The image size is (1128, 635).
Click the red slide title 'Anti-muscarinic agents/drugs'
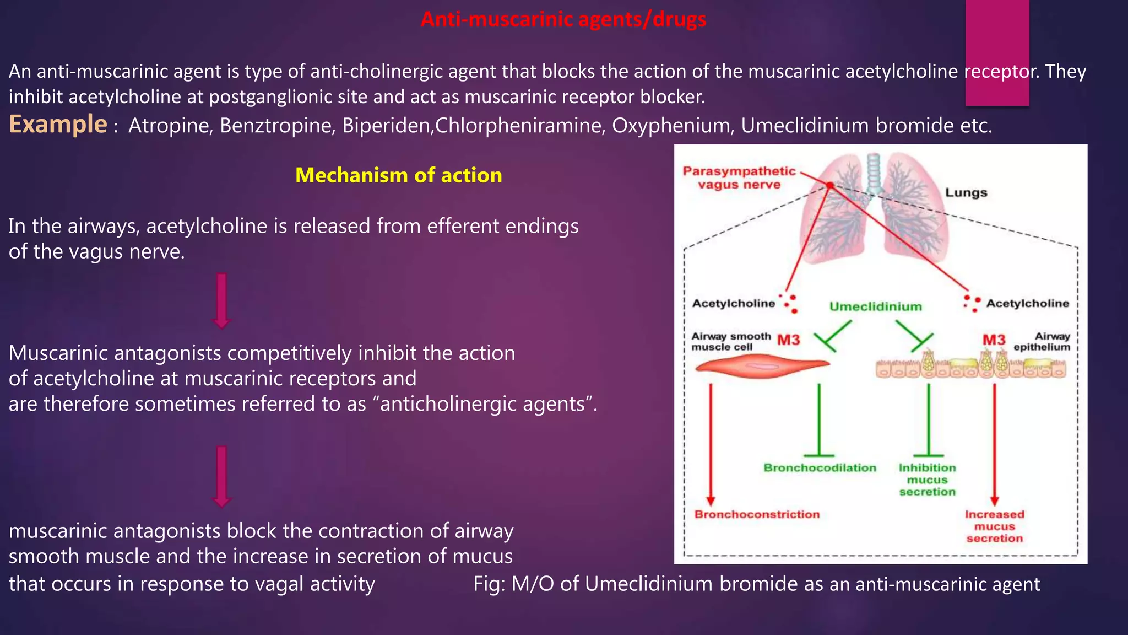563,20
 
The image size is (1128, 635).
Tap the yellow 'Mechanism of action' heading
398,175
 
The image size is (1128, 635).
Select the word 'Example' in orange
58,125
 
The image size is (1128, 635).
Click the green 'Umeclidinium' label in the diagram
875,306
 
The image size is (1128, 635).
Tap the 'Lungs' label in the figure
966,192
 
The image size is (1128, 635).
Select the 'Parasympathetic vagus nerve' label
739,177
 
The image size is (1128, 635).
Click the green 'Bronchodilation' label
820,468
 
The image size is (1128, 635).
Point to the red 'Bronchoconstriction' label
757,514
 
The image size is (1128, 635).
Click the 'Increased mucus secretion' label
994,526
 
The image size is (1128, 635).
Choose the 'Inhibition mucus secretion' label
928,480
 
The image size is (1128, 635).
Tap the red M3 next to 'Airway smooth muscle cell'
788,340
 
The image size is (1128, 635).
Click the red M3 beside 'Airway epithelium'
994,340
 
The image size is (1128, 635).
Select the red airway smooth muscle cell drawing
763,366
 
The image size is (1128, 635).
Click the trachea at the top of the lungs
874,171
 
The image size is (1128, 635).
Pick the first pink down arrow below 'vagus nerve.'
221,300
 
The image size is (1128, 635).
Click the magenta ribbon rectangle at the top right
997,52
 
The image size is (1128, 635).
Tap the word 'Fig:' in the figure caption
489,584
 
